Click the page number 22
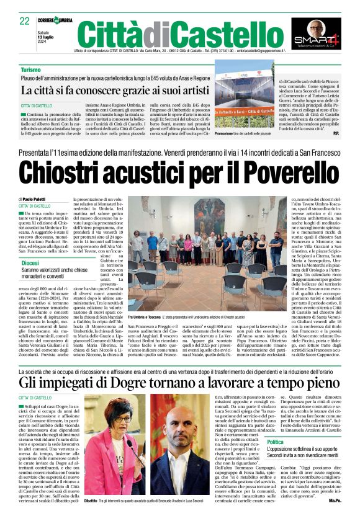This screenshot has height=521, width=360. coord(25,22)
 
